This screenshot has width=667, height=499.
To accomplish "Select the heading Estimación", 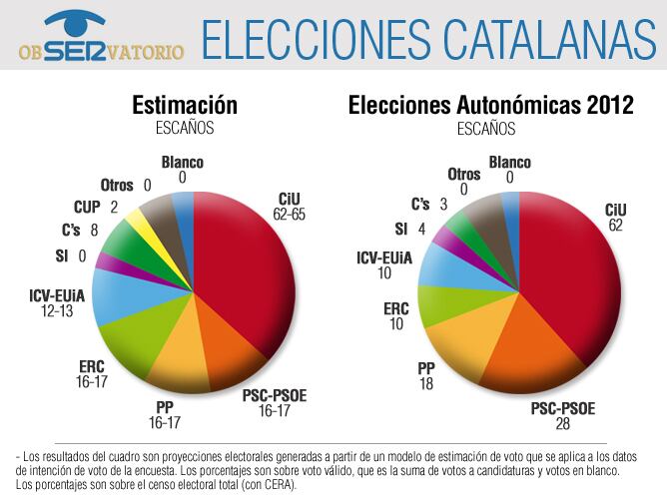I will coord(185,106).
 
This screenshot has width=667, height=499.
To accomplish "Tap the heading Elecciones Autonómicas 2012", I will coord(490,106).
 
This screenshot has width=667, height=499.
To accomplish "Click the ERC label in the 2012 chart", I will coord(396,308).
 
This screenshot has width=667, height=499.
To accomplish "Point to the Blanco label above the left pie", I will coord(182,162).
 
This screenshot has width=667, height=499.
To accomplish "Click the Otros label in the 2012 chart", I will coord(463,175).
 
